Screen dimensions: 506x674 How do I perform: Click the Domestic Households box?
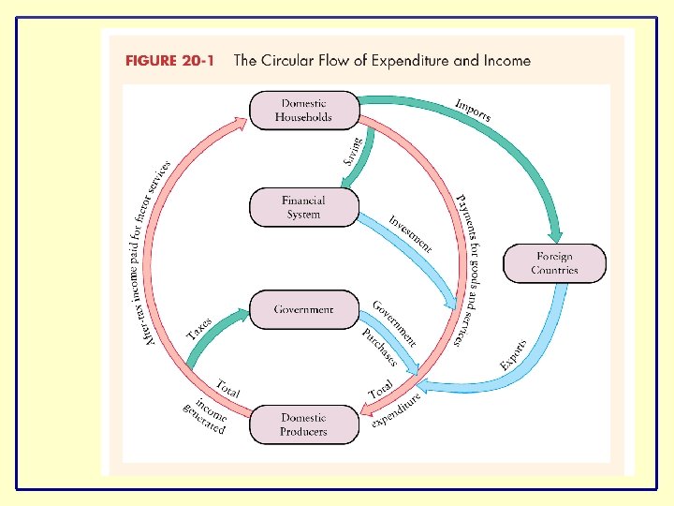coord(303,110)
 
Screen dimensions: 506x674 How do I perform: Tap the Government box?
coord(303,309)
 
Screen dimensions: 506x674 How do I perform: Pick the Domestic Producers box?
coord(303,424)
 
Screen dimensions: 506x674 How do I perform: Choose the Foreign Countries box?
coord(554,263)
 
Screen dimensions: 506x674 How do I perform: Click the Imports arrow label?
coord(473,110)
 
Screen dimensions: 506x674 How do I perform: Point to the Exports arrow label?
coord(513,353)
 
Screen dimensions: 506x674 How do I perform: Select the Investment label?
coord(411,233)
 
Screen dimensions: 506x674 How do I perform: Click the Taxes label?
coord(198,328)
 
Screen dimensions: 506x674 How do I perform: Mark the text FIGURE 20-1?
coord(169,61)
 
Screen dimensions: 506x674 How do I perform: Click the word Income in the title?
coord(506,61)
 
